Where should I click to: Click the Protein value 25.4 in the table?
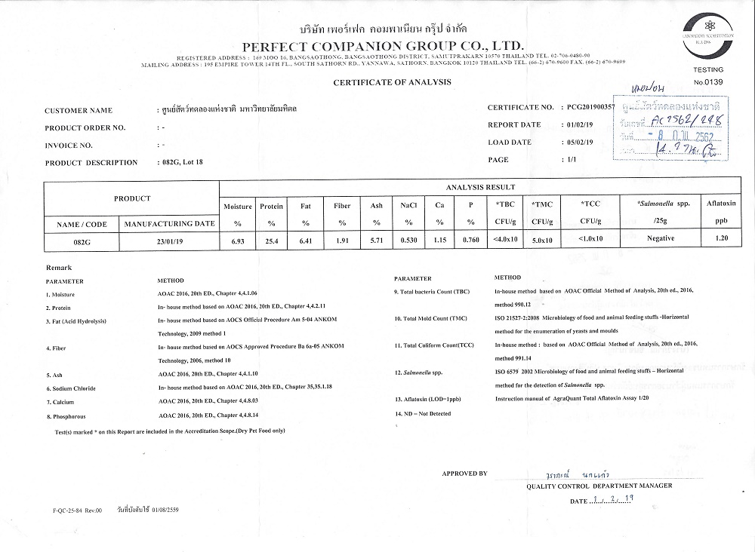tap(271, 240)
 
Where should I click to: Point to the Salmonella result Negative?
tap(660, 240)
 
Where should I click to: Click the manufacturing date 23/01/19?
tap(169, 240)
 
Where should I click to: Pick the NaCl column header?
tap(408, 206)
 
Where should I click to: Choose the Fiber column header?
tap(342, 206)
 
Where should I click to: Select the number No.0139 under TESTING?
tap(707, 81)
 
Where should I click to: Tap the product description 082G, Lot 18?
tap(182, 162)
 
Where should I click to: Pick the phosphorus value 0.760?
tap(470, 240)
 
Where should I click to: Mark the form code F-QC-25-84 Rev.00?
tap(77, 511)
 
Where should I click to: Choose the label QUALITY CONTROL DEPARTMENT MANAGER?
tap(599, 486)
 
